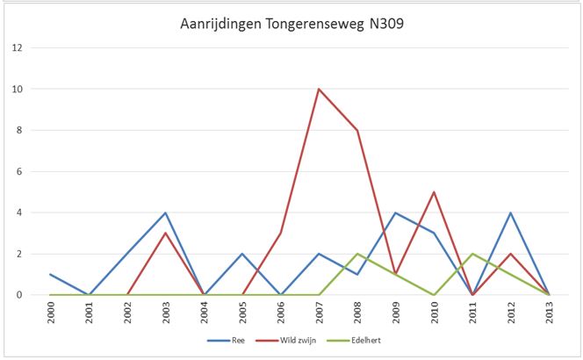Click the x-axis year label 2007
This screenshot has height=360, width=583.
[319, 313]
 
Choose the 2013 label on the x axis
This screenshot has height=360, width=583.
[550, 313]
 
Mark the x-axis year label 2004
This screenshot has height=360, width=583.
[204, 313]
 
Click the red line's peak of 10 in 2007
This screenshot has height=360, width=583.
[319, 89]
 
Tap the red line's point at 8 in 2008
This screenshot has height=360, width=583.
[357, 130]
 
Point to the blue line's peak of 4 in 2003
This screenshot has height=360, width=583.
[165, 212]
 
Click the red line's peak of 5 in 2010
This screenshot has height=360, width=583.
[435, 192]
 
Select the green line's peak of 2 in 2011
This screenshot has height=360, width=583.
[472, 254]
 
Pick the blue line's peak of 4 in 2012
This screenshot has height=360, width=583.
[511, 212]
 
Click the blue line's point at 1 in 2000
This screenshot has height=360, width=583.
[50, 275]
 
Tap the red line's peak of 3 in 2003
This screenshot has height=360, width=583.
[165, 234]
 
